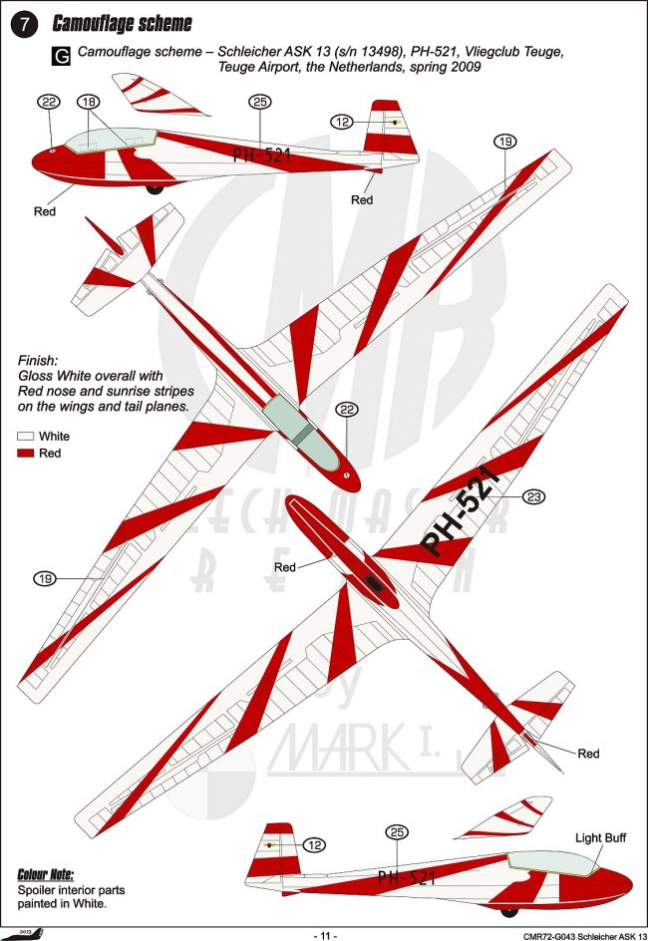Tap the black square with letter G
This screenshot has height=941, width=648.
(61, 57)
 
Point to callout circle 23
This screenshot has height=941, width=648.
(533, 495)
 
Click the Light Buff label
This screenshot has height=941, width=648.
(601, 838)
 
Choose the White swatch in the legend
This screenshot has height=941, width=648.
(26, 436)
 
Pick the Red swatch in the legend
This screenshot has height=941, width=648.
(26, 454)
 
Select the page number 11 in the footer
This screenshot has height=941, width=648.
(326, 935)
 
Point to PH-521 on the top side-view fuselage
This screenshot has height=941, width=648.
(261, 155)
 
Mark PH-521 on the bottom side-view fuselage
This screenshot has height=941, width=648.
(407, 877)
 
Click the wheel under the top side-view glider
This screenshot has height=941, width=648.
(155, 186)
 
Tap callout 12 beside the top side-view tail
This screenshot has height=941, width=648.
(343, 122)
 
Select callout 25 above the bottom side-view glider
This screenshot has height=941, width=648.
(397, 831)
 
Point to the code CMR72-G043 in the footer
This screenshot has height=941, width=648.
(554, 935)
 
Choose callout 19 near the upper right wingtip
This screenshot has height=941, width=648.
(505, 142)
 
